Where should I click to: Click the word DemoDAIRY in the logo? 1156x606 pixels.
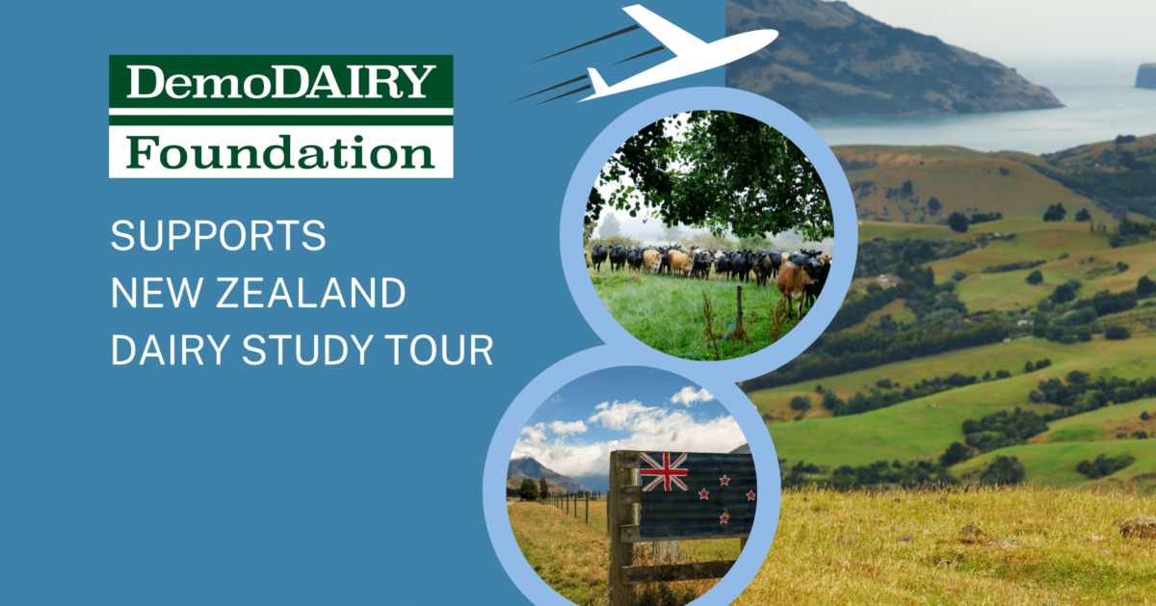click(x=280, y=81)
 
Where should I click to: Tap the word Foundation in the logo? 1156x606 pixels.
click(x=280, y=152)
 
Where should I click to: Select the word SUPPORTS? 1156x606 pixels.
click(x=219, y=235)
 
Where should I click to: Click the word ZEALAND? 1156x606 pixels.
click(x=310, y=293)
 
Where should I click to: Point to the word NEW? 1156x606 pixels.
click(x=157, y=293)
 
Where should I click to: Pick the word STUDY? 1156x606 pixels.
click(x=307, y=350)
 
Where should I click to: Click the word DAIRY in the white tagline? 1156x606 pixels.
click(x=170, y=350)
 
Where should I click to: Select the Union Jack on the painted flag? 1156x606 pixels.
click(x=663, y=471)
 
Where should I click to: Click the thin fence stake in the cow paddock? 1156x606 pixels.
click(x=740, y=309)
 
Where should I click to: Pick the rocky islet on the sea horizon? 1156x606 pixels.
click(x=1145, y=76)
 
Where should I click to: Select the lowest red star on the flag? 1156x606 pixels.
click(x=724, y=516)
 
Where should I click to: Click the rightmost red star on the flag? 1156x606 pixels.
click(x=750, y=495)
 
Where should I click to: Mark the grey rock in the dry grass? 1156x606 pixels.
click(x=1138, y=526)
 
